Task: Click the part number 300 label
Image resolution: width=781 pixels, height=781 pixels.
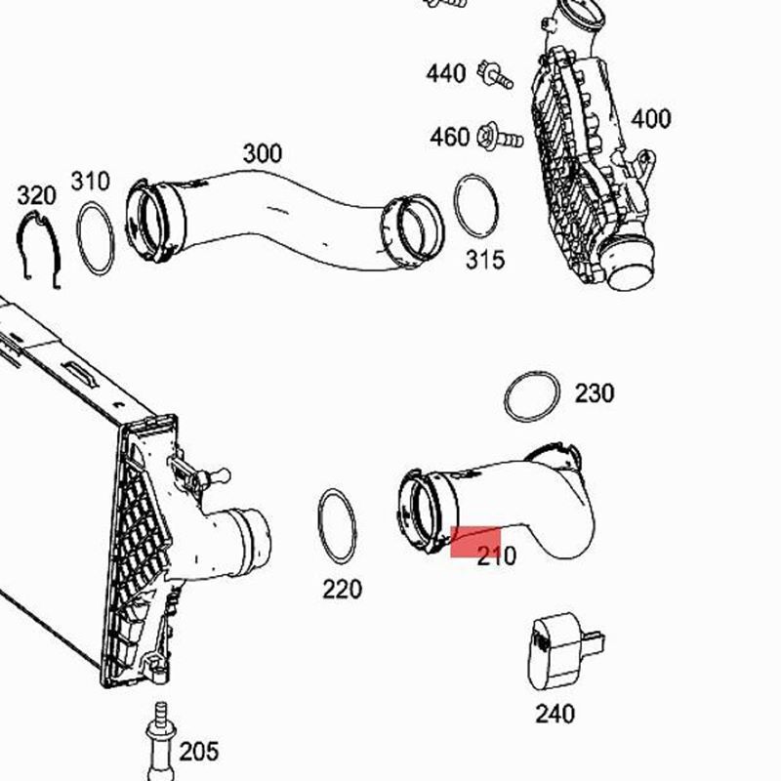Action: point(262,153)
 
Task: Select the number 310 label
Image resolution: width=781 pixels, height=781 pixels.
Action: point(90,182)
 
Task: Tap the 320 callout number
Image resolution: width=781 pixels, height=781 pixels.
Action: point(37,195)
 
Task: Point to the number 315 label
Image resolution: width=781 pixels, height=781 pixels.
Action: point(484,259)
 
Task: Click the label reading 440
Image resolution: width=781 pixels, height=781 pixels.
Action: point(445,73)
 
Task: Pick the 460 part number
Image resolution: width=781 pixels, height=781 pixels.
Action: point(449,138)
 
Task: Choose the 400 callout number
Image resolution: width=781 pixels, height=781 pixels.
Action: point(650,119)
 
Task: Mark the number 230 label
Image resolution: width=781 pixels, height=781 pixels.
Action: point(594,393)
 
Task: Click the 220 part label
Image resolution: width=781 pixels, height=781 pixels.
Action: point(342,589)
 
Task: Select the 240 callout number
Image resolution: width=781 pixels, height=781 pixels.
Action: point(555,714)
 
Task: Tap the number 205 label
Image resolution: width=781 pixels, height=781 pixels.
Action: point(199,751)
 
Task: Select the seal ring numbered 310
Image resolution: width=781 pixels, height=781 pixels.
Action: point(96,237)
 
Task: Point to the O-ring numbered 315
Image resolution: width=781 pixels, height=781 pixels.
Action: point(476,207)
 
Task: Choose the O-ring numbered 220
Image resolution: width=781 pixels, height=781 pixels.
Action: point(337,525)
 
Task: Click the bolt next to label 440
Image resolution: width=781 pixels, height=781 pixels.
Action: point(494,73)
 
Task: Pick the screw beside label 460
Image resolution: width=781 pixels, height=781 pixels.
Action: point(497,138)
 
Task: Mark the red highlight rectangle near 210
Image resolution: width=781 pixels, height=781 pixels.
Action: point(475,541)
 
